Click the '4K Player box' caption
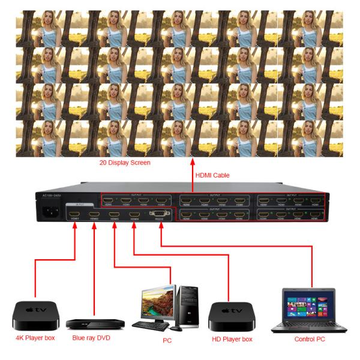[x=36, y=338]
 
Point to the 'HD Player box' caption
[x=233, y=338]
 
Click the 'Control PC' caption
[x=310, y=338]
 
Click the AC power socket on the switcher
[x=50, y=212]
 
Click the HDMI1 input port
[x=74, y=214]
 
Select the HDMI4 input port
[x=134, y=214]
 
